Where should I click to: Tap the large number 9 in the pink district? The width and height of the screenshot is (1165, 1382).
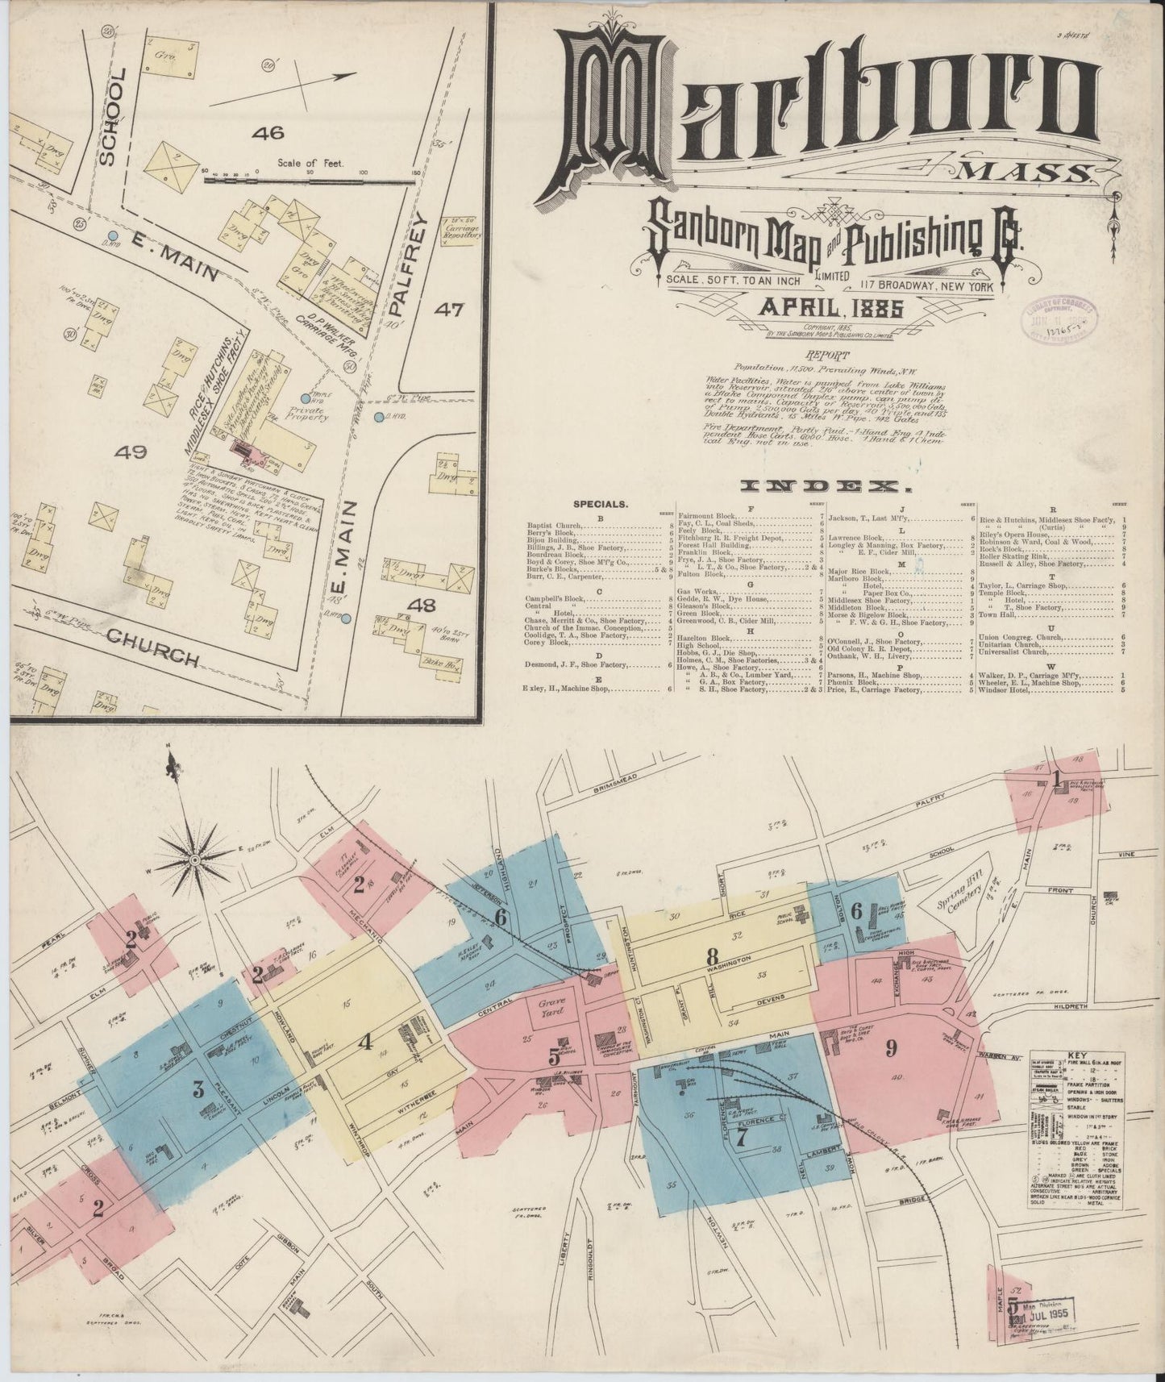pos(891,1048)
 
